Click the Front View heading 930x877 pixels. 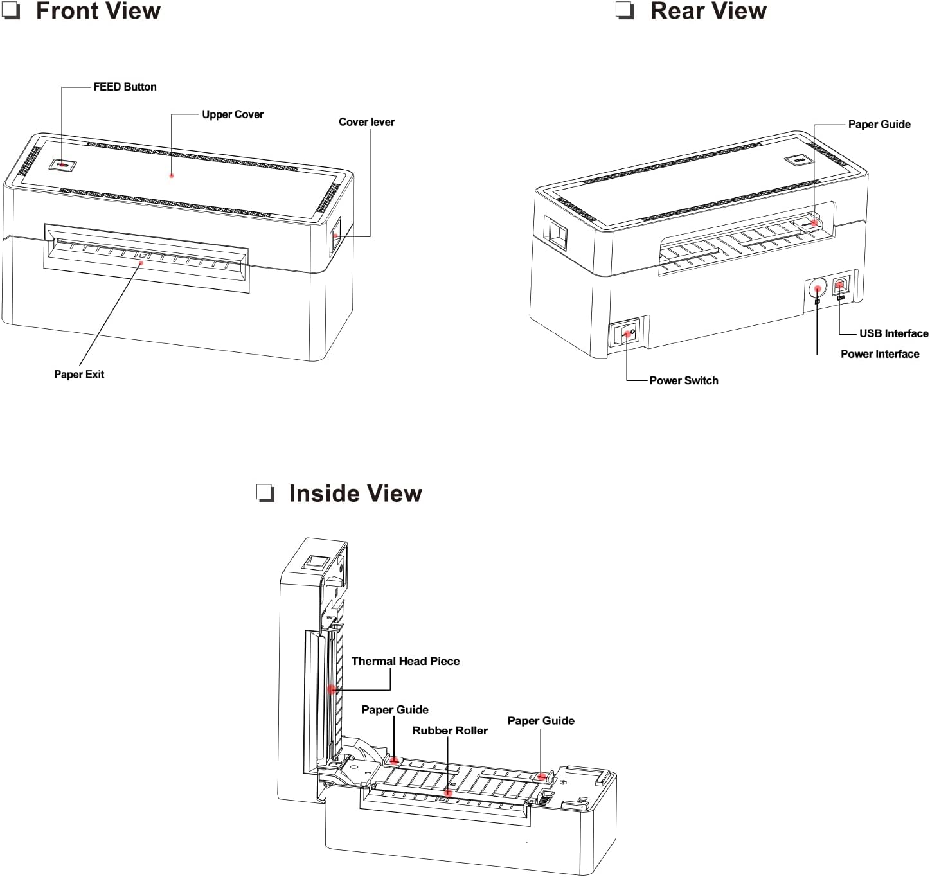[98, 11]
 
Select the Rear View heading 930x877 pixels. [708, 11]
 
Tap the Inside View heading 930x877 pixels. [355, 493]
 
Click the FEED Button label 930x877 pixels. [125, 87]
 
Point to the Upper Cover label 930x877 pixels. [233, 114]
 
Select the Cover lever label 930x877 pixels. [366, 122]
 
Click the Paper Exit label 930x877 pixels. [79, 375]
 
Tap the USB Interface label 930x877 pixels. [893, 333]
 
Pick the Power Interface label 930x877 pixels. [880, 354]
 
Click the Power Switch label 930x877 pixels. [684, 380]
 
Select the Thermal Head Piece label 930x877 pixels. [406, 661]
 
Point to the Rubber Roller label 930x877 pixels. [450, 731]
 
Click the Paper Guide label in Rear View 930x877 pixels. [879, 125]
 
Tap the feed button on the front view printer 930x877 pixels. [62, 165]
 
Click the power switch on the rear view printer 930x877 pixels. [625, 333]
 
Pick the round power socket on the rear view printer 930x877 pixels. [817, 287]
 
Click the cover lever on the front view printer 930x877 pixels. [335, 236]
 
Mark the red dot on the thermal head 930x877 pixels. [332, 689]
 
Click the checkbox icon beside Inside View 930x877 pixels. [265, 493]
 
